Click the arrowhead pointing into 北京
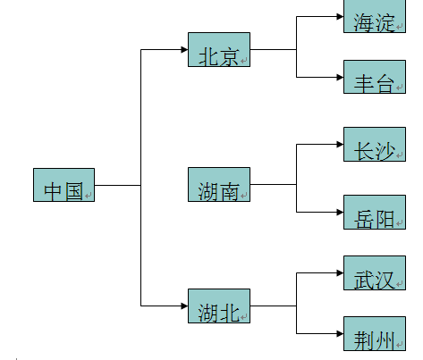[182, 50]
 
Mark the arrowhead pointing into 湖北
[182, 306]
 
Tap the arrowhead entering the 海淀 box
[338, 16]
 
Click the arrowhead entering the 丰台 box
[338, 77]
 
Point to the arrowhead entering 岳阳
[338, 212]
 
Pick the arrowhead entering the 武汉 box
[338, 272]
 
